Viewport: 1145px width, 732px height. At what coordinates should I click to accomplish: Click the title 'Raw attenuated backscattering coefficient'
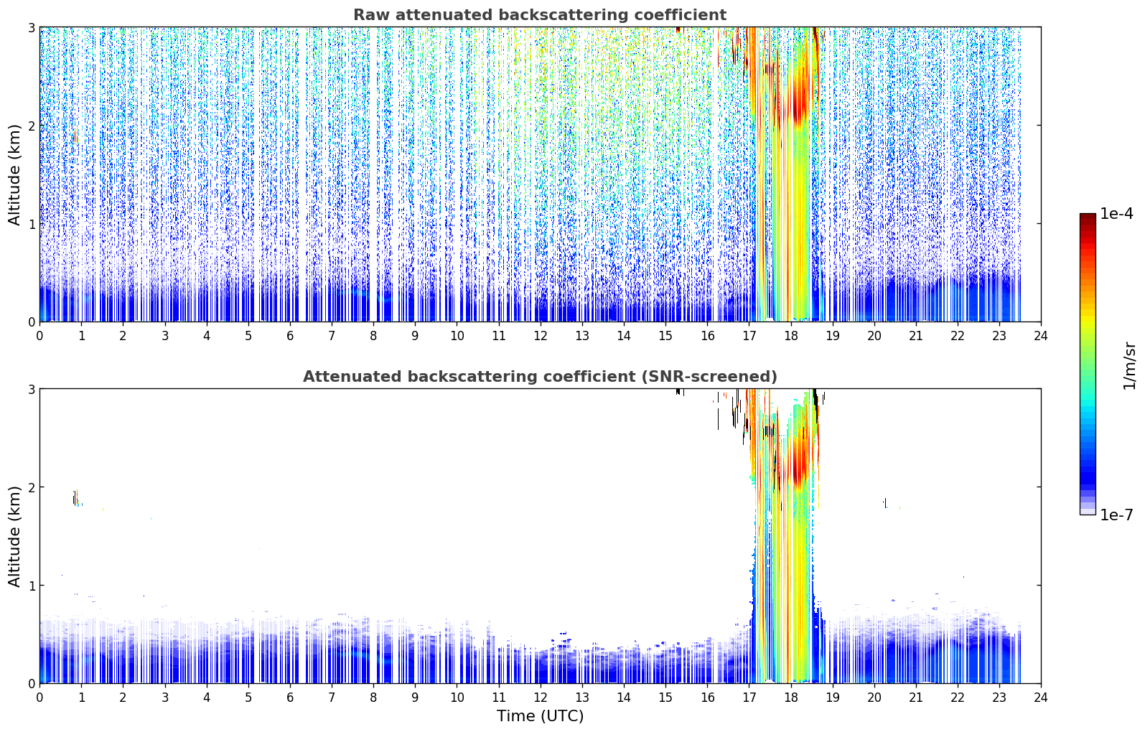pyautogui.click(x=540, y=15)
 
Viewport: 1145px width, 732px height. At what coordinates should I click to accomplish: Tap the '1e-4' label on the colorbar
pyautogui.click(x=1116, y=214)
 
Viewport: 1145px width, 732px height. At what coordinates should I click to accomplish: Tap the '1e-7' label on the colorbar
pyautogui.click(x=1116, y=515)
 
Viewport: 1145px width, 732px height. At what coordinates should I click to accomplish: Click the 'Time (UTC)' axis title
pyautogui.click(x=540, y=715)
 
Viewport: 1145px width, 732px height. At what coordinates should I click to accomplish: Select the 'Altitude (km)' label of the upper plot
pyautogui.click(x=14, y=175)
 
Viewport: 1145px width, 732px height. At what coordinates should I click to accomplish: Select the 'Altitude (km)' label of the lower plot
pyautogui.click(x=14, y=536)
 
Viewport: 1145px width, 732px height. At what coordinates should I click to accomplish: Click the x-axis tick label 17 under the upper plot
pyautogui.click(x=749, y=336)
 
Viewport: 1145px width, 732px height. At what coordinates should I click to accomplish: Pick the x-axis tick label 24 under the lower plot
pyautogui.click(x=1041, y=698)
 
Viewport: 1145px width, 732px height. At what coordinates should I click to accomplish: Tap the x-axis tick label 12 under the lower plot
pyautogui.click(x=541, y=698)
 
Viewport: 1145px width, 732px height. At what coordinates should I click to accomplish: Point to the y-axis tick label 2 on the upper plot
pyautogui.click(x=31, y=126)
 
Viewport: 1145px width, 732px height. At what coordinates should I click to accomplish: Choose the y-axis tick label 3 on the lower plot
pyautogui.click(x=31, y=389)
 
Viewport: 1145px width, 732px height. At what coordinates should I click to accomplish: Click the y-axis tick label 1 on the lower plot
pyautogui.click(x=31, y=586)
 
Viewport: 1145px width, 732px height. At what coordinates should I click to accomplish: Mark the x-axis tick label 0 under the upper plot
pyautogui.click(x=40, y=336)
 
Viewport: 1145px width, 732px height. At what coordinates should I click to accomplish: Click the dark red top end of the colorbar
pyautogui.click(x=1088, y=216)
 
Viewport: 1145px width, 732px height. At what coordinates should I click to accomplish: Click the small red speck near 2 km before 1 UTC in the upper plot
pyautogui.click(x=75, y=136)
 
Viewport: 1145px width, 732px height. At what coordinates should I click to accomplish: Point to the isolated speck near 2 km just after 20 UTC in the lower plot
pyautogui.click(x=885, y=502)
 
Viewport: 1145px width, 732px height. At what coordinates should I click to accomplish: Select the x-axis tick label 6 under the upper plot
pyautogui.click(x=290, y=336)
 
